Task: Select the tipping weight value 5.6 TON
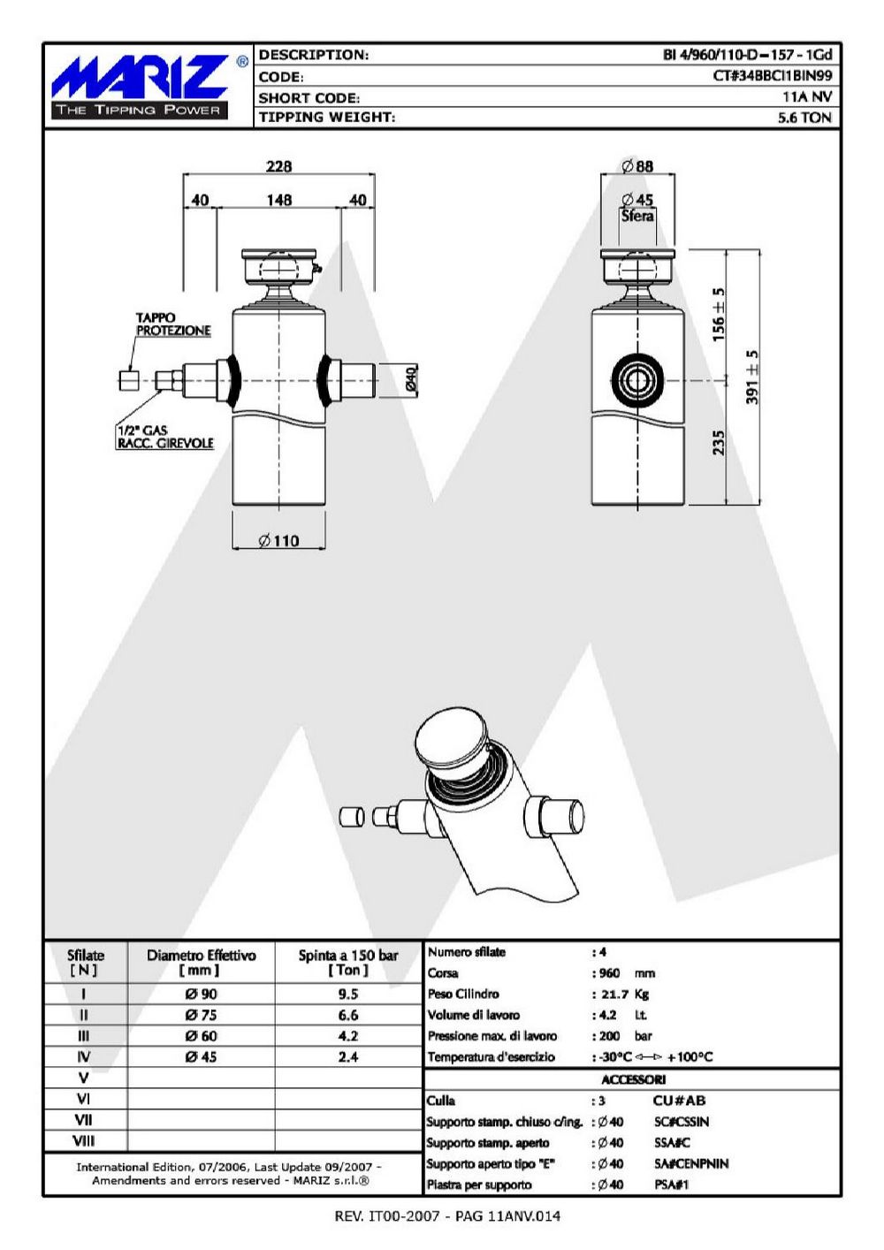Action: [x=804, y=118]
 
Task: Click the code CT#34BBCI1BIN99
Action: [x=773, y=76]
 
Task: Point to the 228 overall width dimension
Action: [x=279, y=166]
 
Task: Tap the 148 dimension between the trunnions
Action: [x=279, y=200]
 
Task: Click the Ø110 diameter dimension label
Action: [x=279, y=541]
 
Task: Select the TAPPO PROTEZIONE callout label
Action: [x=173, y=324]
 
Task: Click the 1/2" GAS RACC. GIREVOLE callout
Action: [x=165, y=437]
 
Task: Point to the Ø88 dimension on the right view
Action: [x=637, y=166]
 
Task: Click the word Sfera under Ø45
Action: [x=637, y=216]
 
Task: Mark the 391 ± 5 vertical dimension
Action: [x=752, y=377]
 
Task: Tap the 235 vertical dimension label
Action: [x=719, y=443]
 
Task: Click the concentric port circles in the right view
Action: [x=637, y=381]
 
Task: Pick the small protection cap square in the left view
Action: [x=129, y=381]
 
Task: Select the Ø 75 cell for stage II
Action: [x=201, y=1015]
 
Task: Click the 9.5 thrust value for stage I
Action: [x=347, y=995]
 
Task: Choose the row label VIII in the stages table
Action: [x=84, y=1141]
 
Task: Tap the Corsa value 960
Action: [x=609, y=974]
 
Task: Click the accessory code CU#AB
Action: [x=679, y=1101]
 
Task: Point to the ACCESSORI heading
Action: [x=633, y=1079]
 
